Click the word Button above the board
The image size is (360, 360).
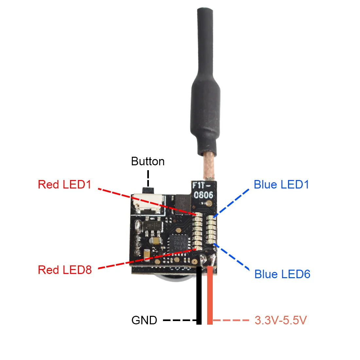pyautogui.click(x=148, y=161)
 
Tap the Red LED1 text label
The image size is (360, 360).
pyautogui.click(x=64, y=185)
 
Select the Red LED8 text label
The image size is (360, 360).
pyautogui.click(x=65, y=270)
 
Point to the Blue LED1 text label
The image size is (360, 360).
pyautogui.click(x=281, y=185)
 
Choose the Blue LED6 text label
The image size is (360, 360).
pyautogui.click(x=282, y=274)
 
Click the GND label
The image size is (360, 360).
pyautogui.click(x=144, y=320)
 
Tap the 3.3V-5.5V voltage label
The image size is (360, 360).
pyautogui.click(x=280, y=320)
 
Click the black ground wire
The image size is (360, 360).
pyautogui.click(x=199, y=295)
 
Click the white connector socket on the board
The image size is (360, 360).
pyautogui.click(x=147, y=205)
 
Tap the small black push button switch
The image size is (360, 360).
pyautogui.click(x=148, y=190)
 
